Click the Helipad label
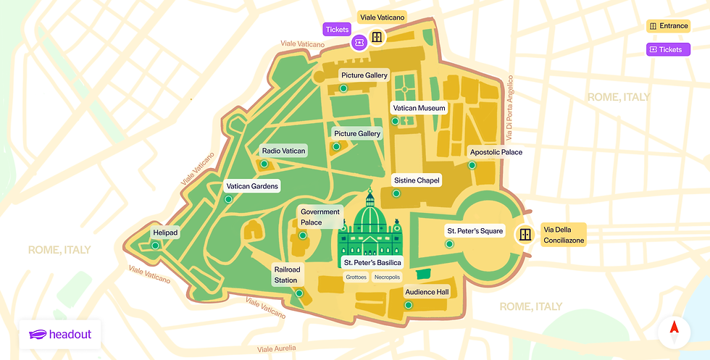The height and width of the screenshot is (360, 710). (165, 233)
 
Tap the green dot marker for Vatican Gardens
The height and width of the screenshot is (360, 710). (228, 199)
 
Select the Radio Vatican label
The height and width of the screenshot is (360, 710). (284, 151)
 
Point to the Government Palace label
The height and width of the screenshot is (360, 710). (320, 217)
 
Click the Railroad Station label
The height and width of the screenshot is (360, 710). (285, 275)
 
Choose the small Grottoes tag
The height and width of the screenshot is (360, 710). (356, 277)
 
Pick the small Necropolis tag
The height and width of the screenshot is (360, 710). (387, 277)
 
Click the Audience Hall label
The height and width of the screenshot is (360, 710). (427, 292)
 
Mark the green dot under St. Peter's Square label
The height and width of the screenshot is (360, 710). (449, 244)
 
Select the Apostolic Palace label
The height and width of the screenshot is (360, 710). (496, 152)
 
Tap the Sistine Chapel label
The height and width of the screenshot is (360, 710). (416, 180)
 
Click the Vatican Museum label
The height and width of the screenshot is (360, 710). (418, 108)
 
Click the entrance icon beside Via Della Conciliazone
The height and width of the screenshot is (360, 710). (525, 235)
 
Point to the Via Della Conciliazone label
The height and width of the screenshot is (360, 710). (564, 235)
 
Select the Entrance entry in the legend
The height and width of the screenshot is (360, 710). (667, 26)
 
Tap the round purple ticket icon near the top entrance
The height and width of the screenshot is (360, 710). (359, 43)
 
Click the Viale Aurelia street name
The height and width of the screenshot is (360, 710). (276, 348)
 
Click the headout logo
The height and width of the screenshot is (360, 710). (60, 335)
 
